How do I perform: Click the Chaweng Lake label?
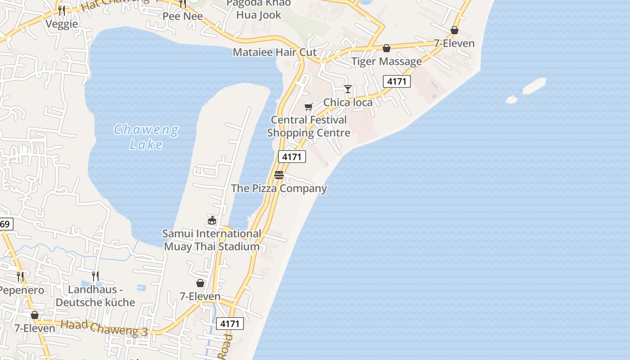(146, 137)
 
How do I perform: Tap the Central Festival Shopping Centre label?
(309, 126)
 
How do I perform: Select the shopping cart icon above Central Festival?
(308, 107)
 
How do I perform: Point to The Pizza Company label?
(279, 188)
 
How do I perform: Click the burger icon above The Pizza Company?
(279, 175)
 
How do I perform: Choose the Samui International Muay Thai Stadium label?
(211, 240)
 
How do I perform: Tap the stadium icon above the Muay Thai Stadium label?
(212, 220)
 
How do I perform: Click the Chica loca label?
(348, 103)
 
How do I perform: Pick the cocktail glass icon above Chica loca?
(347, 89)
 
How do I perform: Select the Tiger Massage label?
(387, 61)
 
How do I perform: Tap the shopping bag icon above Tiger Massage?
(387, 48)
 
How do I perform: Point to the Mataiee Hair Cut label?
(274, 52)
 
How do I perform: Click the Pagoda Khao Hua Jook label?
(259, 9)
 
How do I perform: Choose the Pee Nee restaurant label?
(183, 17)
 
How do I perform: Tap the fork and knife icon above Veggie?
(62, 10)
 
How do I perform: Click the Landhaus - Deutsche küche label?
(95, 296)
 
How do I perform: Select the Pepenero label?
(22, 290)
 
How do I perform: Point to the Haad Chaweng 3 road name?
(104, 328)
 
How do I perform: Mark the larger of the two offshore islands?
(534, 86)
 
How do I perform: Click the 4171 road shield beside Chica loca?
(397, 81)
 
